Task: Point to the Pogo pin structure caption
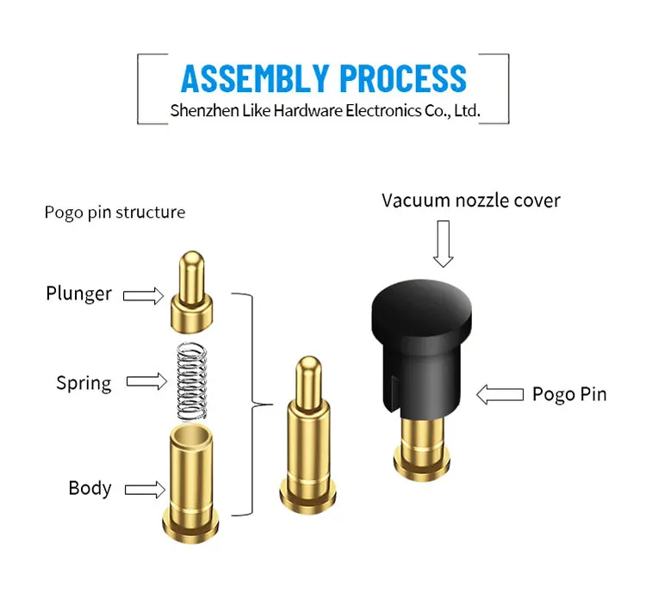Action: (x=115, y=212)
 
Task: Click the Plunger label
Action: (x=78, y=293)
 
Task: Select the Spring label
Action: (x=84, y=383)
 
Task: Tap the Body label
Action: (x=90, y=488)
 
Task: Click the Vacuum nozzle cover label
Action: (x=470, y=201)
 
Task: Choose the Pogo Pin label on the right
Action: (x=568, y=394)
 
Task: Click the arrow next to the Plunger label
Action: (x=143, y=296)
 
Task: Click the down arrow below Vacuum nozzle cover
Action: (x=444, y=244)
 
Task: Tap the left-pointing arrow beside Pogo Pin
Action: (x=500, y=395)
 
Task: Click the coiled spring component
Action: (x=194, y=380)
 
